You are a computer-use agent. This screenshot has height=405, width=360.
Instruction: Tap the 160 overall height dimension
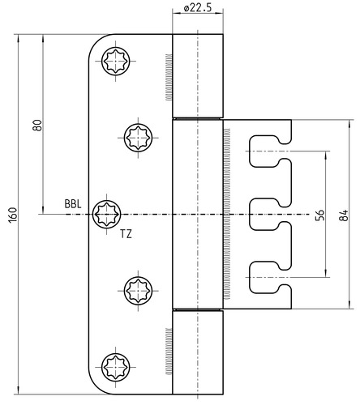(x=13, y=215)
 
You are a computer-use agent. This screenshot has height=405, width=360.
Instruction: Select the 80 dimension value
(x=37, y=126)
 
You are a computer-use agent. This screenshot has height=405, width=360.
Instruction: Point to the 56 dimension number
(x=319, y=215)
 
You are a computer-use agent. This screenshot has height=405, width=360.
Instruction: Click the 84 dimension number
(x=344, y=215)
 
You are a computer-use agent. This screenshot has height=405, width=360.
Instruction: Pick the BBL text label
(x=73, y=204)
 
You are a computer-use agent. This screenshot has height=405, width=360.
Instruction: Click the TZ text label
(x=126, y=234)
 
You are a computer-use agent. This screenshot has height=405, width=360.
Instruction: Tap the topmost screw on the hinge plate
(x=116, y=61)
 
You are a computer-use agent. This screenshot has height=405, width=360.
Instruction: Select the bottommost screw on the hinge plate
(x=116, y=367)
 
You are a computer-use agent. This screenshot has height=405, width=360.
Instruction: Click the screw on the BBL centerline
(x=107, y=215)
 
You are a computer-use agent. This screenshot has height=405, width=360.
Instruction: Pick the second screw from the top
(x=138, y=138)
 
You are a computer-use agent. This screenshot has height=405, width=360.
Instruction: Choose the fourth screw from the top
(x=138, y=291)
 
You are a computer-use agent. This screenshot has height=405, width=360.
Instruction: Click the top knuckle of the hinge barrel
(x=198, y=76)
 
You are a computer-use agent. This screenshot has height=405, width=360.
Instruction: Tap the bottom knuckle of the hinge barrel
(x=198, y=352)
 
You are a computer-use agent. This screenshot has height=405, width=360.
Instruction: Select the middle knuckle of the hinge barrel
(x=198, y=215)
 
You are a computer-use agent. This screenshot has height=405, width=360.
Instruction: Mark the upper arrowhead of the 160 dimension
(x=18, y=38)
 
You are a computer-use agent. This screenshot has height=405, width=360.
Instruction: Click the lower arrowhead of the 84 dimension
(x=349, y=305)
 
